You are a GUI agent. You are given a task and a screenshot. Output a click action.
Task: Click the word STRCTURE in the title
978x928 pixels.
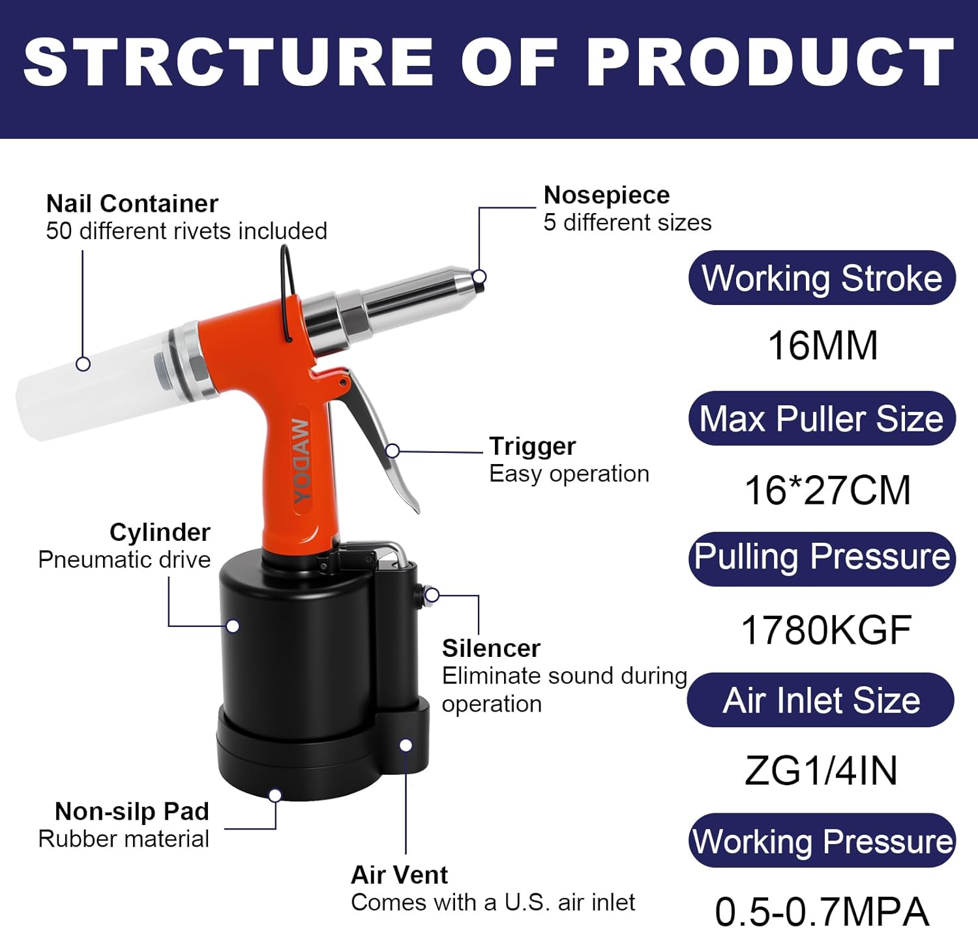pyautogui.click(x=228, y=62)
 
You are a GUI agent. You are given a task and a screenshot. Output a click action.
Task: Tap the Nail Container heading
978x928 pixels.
pyautogui.click(x=132, y=204)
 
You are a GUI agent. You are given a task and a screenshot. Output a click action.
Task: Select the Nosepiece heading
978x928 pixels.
pyautogui.click(x=606, y=195)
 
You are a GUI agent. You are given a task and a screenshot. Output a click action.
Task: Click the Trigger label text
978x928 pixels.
pyautogui.click(x=532, y=446)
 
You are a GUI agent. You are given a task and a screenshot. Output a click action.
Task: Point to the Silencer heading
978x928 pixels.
pyautogui.click(x=491, y=648)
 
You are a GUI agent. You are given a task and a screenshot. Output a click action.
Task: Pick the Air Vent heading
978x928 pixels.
pyautogui.click(x=399, y=875)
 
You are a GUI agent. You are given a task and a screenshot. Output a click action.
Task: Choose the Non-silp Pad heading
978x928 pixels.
pyautogui.click(x=132, y=811)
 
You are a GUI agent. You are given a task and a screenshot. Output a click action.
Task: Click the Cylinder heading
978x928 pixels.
pyautogui.click(x=160, y=532)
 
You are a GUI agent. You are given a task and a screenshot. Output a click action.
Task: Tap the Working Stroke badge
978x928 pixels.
pyautogui.click(x=822, y=278)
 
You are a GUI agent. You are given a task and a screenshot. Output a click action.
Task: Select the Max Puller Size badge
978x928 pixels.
pyautogui.click(x=822, y=418)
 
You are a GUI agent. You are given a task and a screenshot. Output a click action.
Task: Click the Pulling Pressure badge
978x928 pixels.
pyautogui.click(x=822, y=558)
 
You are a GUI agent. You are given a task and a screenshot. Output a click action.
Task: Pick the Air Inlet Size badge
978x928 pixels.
pyautogui.click(x=822, y=700)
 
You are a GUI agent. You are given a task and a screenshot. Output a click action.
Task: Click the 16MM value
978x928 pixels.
pyautogui.click(x=823, y=345)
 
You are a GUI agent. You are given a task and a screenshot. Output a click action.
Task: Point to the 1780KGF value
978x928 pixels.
pyautogui.click(x=826, y=630)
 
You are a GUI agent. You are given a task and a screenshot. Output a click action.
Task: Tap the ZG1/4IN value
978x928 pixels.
pyautogui.click(x=822, y=771)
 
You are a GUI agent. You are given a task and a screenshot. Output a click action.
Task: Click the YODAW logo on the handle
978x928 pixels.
pyautogui.click(x=301, y=461)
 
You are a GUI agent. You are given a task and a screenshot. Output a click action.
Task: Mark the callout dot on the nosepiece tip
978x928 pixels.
pyautogui.click(x=479, y=277)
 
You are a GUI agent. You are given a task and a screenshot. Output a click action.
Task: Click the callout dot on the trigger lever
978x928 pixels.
pyautogui.click(x=393, y=451)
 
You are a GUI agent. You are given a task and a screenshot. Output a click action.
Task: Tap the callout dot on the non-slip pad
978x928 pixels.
pyautogui.click(x=275, y=795)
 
